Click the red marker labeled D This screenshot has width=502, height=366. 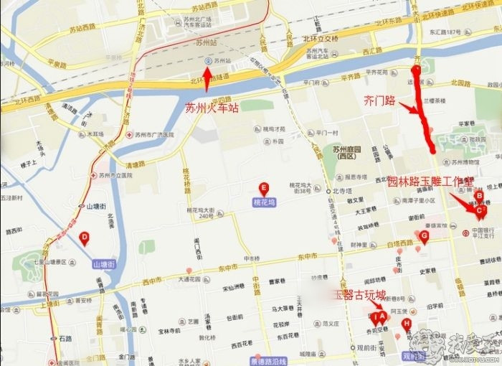[x=85, y=238]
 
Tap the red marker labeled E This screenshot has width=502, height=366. [x=264, y=189]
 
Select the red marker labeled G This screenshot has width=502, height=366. [x=424, y=235]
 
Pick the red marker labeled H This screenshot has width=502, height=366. [x=407, y=324]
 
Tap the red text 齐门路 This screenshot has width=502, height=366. [x=380, y=101]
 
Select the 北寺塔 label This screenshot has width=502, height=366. [x=344, y=191]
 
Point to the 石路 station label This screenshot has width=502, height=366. [x=65, y=337]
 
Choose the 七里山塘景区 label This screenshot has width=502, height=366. [x=50, y=263]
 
